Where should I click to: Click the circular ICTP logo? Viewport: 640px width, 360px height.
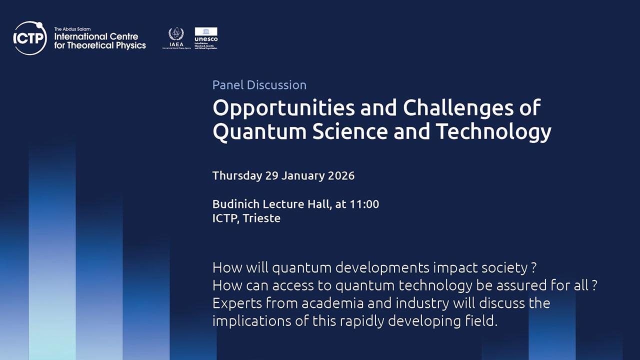coord(30,38)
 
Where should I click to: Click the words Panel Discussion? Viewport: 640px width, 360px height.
coord(259,85)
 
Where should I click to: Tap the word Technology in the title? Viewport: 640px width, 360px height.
coord(493,131)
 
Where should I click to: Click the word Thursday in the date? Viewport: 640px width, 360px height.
coord(237,176)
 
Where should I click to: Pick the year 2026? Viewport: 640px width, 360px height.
coord(341,176)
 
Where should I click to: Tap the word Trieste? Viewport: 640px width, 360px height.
coord(261,218)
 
